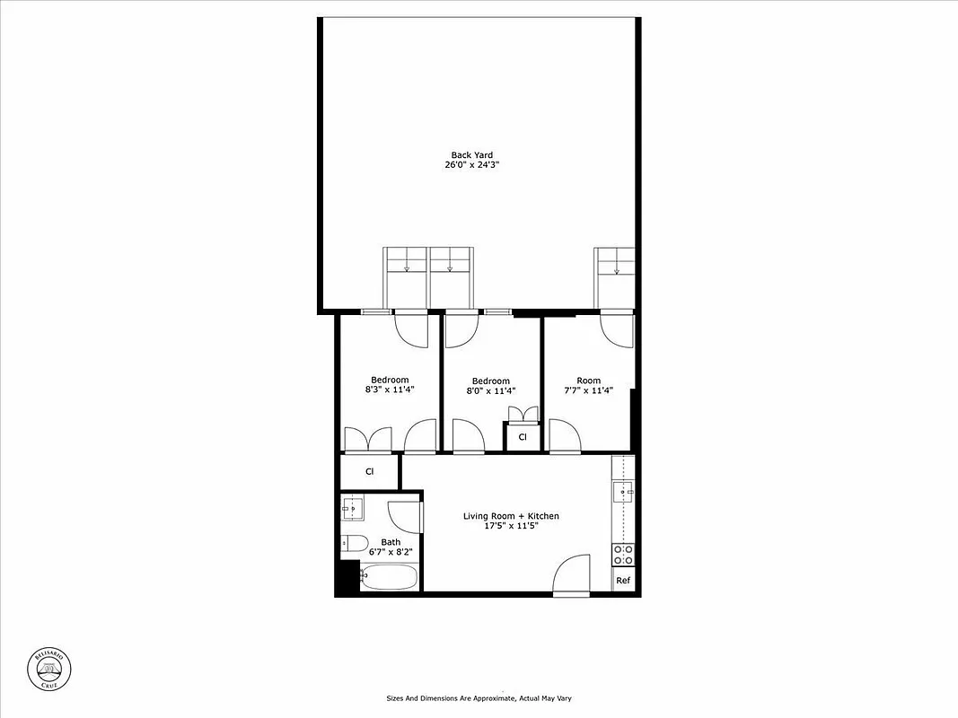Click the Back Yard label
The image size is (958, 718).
point(472,155)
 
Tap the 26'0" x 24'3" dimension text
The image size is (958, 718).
point(472,165)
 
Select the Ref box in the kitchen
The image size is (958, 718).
point(623,581)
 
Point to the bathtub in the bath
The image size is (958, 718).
point(389,577)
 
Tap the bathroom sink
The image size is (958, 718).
point(352,509)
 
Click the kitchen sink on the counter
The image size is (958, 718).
point(622,493)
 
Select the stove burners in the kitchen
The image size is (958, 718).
point(623,555)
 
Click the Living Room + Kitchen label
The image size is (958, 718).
point(511,516)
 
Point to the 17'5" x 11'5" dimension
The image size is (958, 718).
point(511,526)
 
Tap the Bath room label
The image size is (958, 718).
point(391,542)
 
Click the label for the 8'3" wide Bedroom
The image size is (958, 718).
point(390,380)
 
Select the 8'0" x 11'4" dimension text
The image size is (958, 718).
point(490,390)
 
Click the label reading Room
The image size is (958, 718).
point(588,381)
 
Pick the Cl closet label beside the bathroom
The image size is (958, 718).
point(369,471)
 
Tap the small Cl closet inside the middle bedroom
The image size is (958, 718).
point(522,437)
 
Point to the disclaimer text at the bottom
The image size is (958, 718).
point(479,697)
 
